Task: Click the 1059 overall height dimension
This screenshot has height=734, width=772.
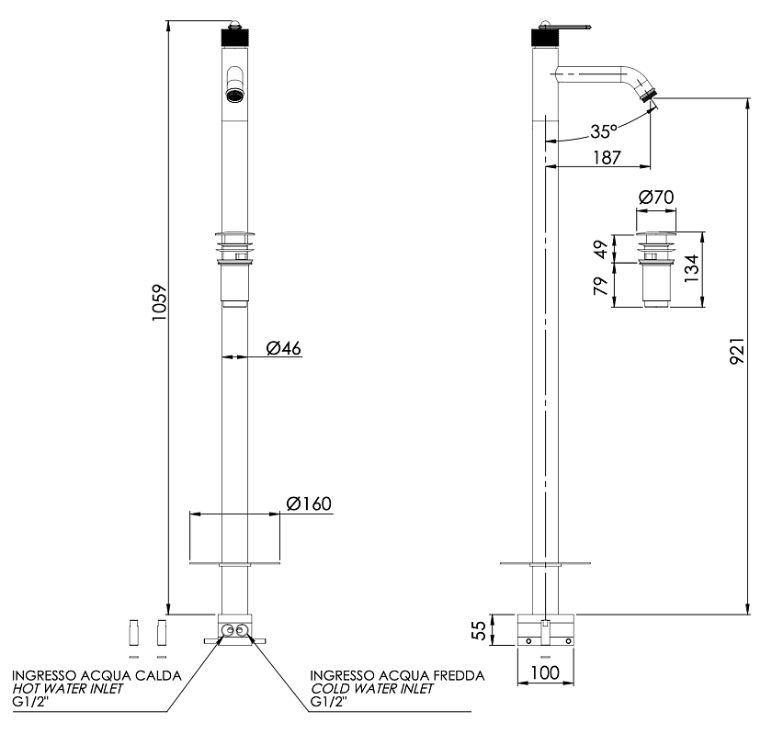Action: tap(160, 302)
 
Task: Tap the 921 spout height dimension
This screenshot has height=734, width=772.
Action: tap(737, 351)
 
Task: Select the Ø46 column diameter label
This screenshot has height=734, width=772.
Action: tap(284, 348)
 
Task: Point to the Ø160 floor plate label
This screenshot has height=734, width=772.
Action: tap(309, 503)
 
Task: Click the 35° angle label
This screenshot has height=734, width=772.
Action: tap(604, 131)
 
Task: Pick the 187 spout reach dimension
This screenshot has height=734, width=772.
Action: tap(607, 157)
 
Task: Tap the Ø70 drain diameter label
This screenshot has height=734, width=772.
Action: tap(656, 198)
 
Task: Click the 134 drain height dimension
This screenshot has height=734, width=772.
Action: tap(692, 268)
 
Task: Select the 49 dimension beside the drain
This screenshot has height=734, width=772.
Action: tap(601, 249)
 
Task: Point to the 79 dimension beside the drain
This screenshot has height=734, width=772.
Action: tap(601, 286)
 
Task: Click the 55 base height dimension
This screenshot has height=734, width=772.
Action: tap(479, 630)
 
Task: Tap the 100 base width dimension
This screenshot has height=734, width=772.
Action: tap(546, 672)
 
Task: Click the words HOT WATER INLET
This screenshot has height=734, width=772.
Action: tap(67, 688)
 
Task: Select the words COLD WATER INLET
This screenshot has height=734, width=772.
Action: tap(371, 688)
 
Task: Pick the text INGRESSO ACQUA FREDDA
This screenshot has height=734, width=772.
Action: tap(397, 675)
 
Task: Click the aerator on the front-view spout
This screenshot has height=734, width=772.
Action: tap(235, 95)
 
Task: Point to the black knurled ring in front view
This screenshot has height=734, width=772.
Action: tap(235, 38)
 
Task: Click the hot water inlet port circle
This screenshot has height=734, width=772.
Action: tap(228, 630)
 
